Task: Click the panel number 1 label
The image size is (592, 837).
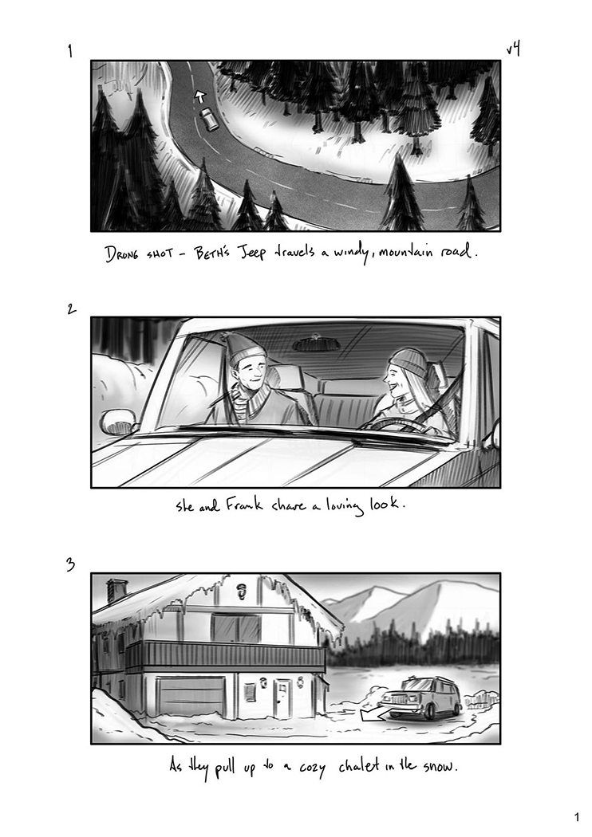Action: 70,51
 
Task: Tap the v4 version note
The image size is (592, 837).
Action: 514,49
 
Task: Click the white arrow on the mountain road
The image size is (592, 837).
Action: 199,96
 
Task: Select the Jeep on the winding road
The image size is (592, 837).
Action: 208,119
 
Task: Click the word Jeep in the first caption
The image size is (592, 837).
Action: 250,252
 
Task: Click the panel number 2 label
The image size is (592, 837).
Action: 71,308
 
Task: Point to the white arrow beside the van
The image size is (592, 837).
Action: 375,713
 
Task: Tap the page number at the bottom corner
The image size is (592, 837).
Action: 577,817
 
